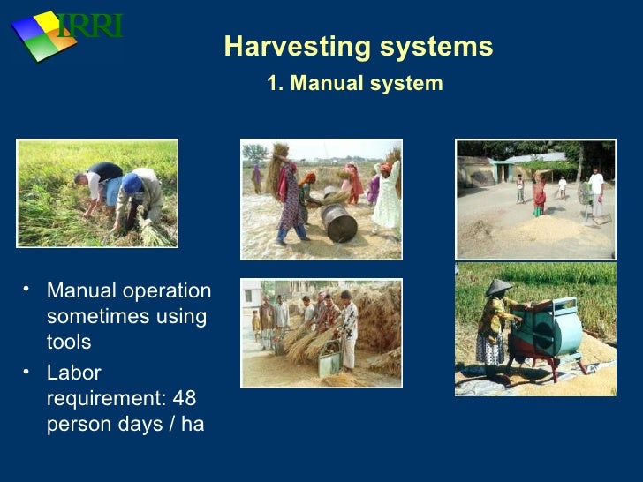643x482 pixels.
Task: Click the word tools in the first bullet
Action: pos(69,342)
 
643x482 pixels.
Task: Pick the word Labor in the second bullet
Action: pos(74,373)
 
